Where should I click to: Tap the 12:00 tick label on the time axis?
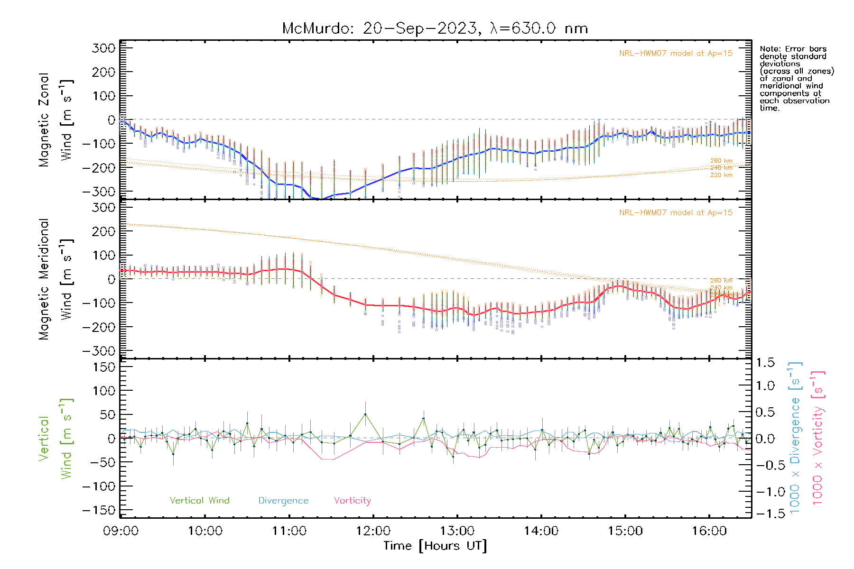point(373,531)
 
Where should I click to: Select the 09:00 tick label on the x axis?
point(121,531)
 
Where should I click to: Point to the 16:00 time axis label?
point(709,531)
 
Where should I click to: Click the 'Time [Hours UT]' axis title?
point(435,546)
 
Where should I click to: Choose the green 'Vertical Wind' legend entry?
point(199,501)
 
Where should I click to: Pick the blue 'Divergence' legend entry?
point(283,501)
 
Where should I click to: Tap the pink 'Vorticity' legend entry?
point(352,501)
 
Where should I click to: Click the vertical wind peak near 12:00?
point(365,414)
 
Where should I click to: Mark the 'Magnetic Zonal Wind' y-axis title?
point(56,119)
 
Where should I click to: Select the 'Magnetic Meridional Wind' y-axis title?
point(56,279)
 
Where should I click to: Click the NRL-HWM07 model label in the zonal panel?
point(676,54)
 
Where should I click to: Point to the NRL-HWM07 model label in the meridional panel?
point(676,213)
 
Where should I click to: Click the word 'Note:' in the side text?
point(770,49)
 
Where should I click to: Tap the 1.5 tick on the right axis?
point(765,363)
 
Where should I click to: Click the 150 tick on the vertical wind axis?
point(103,367)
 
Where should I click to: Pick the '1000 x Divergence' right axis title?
point(795,437)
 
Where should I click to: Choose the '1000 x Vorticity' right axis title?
point(818,437)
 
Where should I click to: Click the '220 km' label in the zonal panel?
point(721,175)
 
